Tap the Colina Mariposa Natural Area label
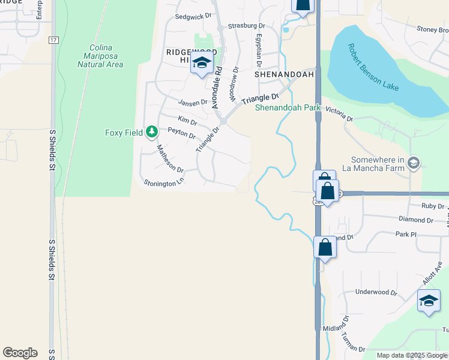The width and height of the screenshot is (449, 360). pyautogui.click(x=100, y=56)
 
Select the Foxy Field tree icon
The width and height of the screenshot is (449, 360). pyautogui.click(x=152, y=131)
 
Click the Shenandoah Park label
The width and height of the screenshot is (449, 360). pyautogui.click(x=288, y=108)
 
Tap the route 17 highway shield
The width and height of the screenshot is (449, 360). pyautogui.click(x=53, y=40)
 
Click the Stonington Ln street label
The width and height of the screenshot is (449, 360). pyautogui.click(x=163, y=182)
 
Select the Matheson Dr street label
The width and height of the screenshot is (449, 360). pyautogui.click(x=169, y=158)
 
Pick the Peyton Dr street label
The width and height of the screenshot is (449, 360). pyautogui.click(x=182, y=133)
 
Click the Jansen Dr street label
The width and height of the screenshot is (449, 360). pyautogui.click(x=192, y=103)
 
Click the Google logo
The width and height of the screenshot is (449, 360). pyautogui.click(x=20, y=353)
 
